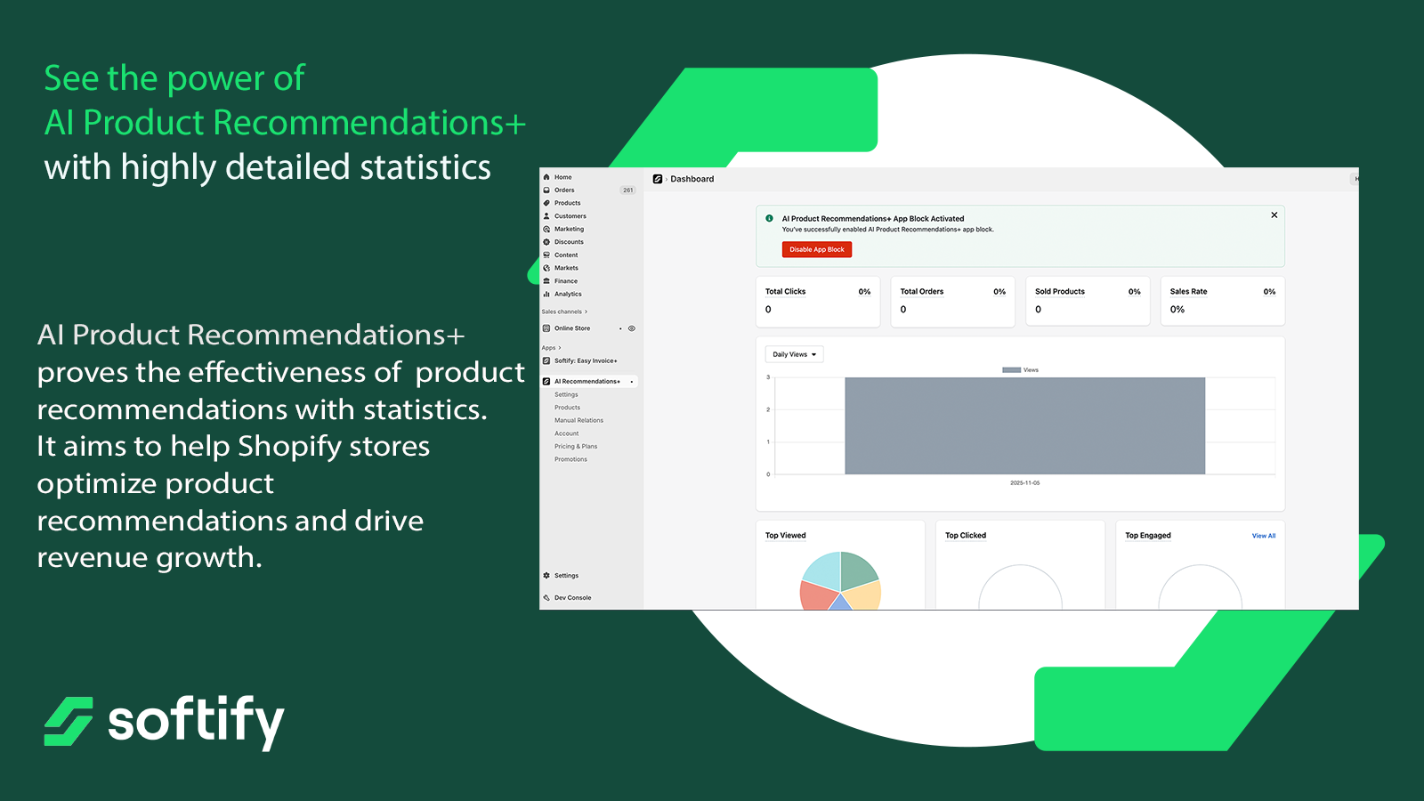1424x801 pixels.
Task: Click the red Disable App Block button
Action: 817,250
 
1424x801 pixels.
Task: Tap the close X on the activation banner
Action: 1274,214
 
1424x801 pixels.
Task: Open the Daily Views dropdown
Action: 794,354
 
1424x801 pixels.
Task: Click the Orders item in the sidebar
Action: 564,190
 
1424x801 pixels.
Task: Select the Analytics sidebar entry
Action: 568,294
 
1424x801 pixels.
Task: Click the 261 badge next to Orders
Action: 628,190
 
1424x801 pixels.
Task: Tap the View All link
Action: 1264,536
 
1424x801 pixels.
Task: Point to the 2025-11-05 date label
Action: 1024,483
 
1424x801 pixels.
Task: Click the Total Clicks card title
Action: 785,291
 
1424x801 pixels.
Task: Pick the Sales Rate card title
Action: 1188,291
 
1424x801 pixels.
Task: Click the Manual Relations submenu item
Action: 578,420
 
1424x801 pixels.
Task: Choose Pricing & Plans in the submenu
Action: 575,446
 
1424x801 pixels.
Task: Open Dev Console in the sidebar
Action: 572,597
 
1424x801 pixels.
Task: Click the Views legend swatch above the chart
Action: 1011,370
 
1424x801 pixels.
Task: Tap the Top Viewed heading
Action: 785,535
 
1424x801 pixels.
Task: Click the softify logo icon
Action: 69,721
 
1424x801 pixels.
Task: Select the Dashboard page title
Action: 692,179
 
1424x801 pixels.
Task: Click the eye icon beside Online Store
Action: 632,328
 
